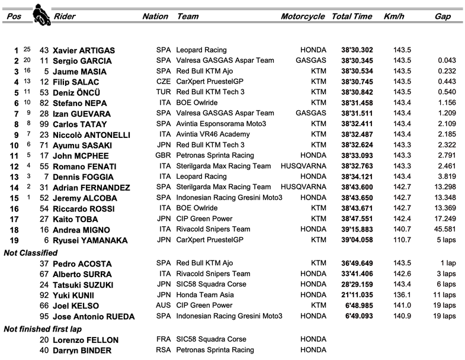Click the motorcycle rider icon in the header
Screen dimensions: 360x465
tap(40, 14)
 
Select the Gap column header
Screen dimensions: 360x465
tap(442, 17)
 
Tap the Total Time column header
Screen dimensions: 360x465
tap(352, 17)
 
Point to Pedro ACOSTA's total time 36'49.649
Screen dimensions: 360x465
tap(354, 263)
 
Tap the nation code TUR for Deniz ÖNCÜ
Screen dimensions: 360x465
tap(163, 93)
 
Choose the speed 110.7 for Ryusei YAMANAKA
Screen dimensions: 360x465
tap(402, 241)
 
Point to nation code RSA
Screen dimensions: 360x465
tap(163, 351)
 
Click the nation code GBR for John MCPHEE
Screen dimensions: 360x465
tap(163, 156)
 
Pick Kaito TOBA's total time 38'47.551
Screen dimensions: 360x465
tap(354, 220)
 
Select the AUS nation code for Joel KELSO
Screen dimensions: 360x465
tap(163, 306)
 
